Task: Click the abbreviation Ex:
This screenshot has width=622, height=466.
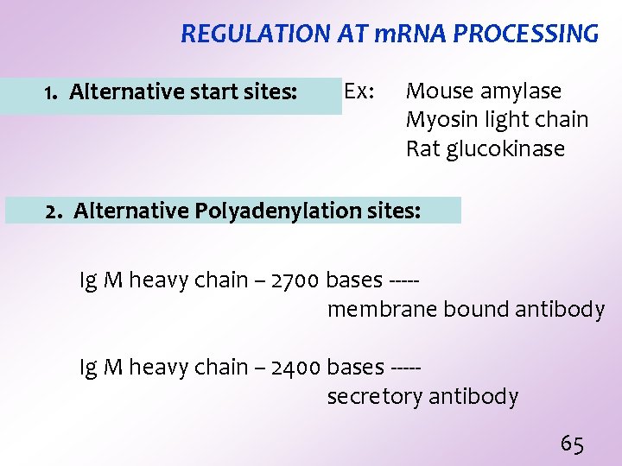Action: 359,91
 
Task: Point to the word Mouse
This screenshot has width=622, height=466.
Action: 439,91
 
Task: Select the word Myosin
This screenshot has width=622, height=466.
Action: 441,120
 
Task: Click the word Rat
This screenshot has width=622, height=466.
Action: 422,148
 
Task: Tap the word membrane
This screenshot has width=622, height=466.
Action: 380,310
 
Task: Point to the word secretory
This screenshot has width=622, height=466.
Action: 374,397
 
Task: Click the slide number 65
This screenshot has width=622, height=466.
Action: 572,444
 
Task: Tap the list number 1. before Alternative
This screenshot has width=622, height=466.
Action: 51,91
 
